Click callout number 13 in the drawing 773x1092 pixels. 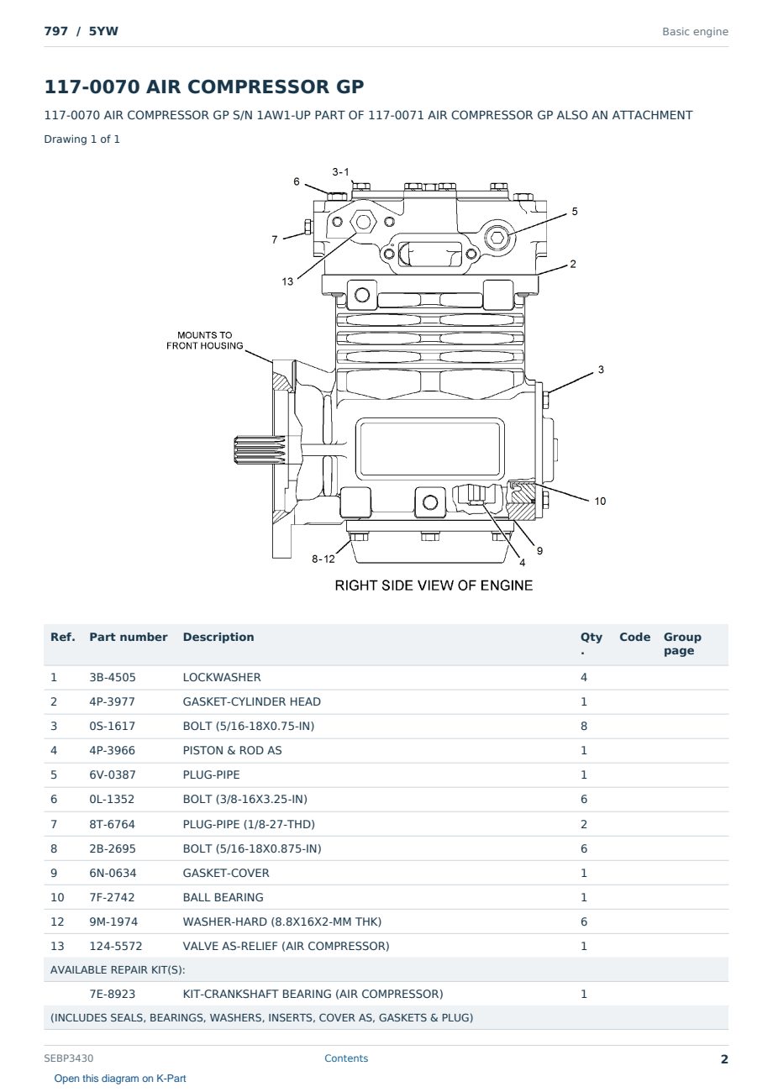[287, 281]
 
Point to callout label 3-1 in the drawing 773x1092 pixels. [340, 172]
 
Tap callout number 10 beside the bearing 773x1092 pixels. [600, 501]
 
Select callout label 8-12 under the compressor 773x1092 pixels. [323, 559]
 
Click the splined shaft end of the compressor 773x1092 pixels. [260, 449]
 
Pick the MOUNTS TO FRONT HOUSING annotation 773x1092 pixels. [204, 340]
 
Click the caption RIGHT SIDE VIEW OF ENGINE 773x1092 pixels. [434, 585]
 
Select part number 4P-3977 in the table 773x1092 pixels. [113, 701]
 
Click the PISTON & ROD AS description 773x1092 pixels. [232, 750]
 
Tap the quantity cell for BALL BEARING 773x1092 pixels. [584, 897]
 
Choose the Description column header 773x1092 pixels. [218, 637]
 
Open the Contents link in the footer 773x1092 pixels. [346, 1058]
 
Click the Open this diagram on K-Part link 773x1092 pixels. [120, 1079]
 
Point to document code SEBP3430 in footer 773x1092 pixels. [69, 1058]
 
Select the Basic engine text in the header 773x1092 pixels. [695, 32]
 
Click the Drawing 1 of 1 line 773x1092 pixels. [82, 139]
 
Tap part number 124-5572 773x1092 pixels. [116, 946]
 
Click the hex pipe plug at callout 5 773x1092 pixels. [497, 238]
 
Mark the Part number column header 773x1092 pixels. [129, 637]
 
